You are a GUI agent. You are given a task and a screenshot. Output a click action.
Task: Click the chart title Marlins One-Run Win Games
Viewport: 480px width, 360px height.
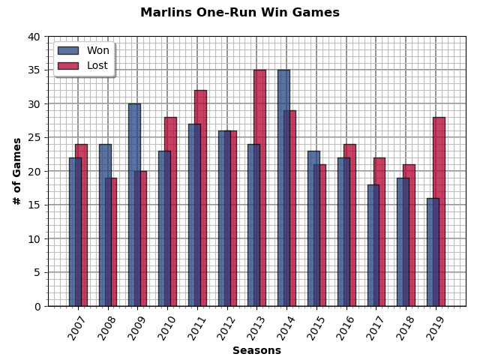(240, 13)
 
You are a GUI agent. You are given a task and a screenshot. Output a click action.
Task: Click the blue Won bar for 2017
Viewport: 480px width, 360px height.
(372, 245)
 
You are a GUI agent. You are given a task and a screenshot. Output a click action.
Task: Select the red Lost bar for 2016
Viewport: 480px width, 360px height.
(350, 225)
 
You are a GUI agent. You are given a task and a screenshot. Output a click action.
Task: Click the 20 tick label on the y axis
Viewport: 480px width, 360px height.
(34, 171)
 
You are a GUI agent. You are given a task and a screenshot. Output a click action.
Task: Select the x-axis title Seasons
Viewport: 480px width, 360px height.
(256, 350)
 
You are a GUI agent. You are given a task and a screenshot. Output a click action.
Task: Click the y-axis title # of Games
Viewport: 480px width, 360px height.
(16, 171)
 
